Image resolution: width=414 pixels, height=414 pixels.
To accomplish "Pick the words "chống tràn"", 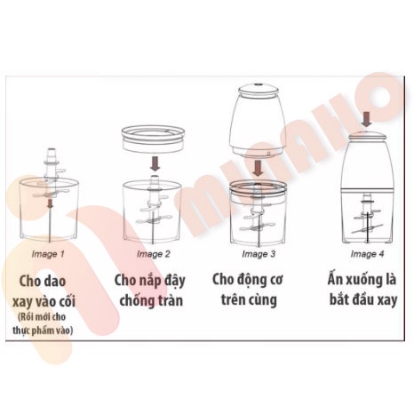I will (x=152, y=302).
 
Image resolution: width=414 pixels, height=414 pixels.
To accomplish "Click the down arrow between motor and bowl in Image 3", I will (x=256, y=166).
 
